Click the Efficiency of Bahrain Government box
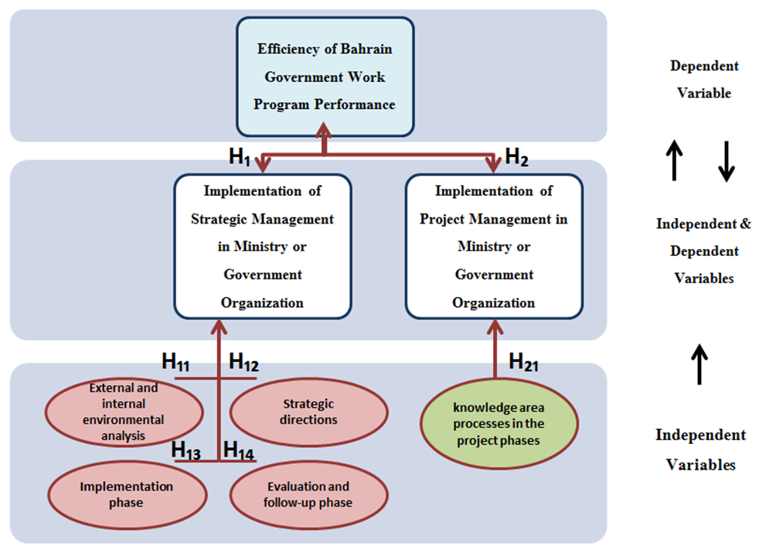coord(325,76)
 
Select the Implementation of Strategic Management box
coord(262,246)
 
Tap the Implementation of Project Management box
coord(493,246)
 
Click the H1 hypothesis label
coord(240,157)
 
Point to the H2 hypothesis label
coord(516,157)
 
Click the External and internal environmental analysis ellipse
coord(127,412)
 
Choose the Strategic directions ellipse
coord(309,412)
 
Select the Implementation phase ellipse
coord(127,494)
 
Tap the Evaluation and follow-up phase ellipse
coord(309,494)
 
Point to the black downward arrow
coord(726,162)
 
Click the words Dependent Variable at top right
coord(704,80)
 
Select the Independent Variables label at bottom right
coord(701,449)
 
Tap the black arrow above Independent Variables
coord(699,364)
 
